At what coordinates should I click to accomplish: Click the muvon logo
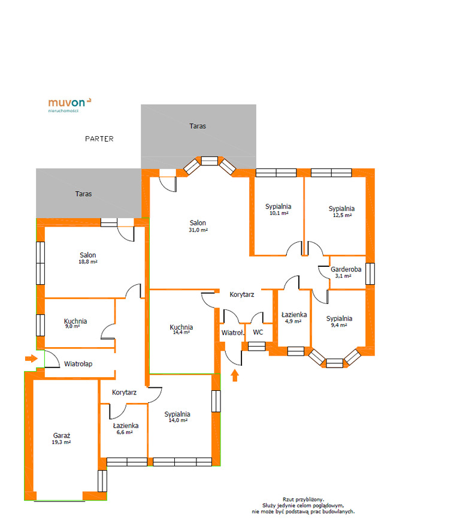(69, 104)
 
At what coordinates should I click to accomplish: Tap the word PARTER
(99, 139)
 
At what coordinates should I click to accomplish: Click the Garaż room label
(62, 436)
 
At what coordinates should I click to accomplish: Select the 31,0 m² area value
(198, 230)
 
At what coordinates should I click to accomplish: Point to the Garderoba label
(346, 269)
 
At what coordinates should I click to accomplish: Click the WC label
(258, 332)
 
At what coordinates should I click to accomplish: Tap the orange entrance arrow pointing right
(31, 359)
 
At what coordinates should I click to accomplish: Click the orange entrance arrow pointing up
(235, 375)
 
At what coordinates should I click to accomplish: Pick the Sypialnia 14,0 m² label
(177, 417)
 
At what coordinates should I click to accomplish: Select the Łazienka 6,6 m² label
(125, 429)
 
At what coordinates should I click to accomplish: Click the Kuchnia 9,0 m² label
(75, 323)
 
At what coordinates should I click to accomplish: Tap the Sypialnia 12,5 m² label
(342, 212)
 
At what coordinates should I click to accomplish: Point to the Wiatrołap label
(78, 364)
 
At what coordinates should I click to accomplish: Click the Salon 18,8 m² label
(88, 258)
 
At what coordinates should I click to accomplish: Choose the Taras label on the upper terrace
(198, 126)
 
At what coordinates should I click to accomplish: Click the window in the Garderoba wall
(370, 273)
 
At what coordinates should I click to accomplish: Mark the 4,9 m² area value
(293, 321)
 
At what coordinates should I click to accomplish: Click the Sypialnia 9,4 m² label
(339, 321)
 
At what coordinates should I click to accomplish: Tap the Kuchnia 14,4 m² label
(181, 329)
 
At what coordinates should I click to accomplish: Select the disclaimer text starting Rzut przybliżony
(303, 505)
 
